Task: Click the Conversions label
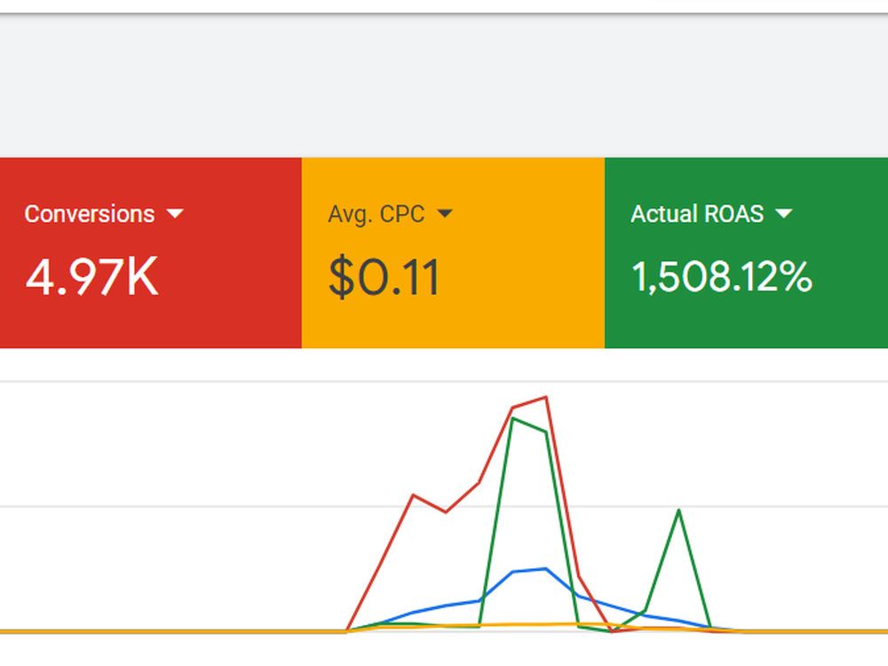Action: (90, 214)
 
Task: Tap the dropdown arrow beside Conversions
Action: (175, 213)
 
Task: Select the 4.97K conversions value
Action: (91, 277)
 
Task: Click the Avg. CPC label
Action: (376, 214)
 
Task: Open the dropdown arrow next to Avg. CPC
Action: (445, 213)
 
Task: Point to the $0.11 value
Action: (384, 277)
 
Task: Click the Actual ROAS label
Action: (697, 214)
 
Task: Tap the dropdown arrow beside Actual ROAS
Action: (784, 213)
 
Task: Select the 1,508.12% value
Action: (721, 277)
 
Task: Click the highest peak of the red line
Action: (546, 397)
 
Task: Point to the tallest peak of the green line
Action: (513, 418)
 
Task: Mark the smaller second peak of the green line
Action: (678, 511)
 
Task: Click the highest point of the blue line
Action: (546, 568)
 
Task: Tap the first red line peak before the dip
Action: (414, 495)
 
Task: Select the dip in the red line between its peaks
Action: (447, 512)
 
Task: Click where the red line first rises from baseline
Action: (347, 630)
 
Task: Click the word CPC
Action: (402, 214)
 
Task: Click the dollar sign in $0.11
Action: (342, 277)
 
